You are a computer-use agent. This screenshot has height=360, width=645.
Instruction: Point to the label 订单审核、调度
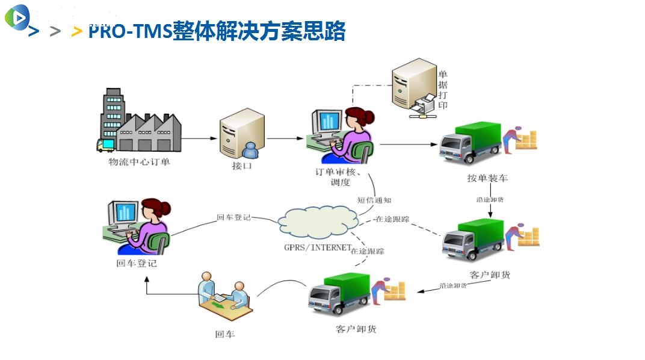341,176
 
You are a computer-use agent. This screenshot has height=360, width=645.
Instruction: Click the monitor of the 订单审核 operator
328,121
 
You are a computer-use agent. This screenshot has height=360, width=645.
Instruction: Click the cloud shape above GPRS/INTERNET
319,223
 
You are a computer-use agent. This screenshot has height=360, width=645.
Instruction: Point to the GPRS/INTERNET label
317,247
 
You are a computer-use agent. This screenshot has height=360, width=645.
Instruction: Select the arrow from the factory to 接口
199,138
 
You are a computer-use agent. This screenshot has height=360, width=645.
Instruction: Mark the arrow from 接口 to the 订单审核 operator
286,138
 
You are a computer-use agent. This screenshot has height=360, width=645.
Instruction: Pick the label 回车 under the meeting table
224,333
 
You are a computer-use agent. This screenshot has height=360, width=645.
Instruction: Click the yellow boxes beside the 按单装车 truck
526,140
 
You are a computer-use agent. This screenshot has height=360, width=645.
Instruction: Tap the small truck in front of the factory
105,144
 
